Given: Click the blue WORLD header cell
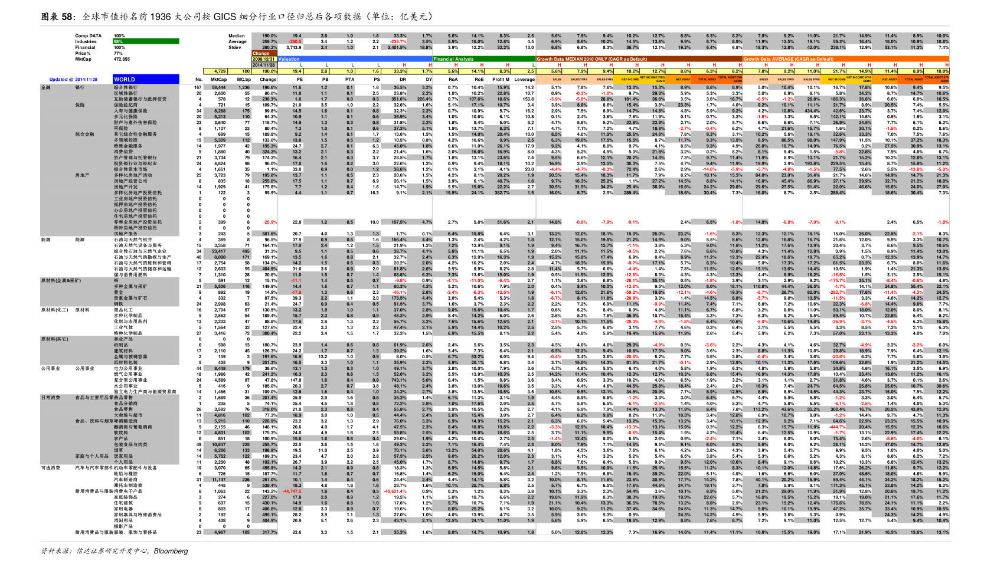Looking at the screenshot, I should tap(146, 79).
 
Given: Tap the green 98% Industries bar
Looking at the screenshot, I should tap(146, 41).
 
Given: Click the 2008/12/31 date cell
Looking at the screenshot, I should tap(264, 59).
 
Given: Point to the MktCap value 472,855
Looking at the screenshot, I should tap(122, 59).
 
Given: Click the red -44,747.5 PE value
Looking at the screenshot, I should tap(292, 491).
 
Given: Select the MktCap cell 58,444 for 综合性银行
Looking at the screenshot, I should tap(219, 87).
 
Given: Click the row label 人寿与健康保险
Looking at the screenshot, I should tap(128, 110).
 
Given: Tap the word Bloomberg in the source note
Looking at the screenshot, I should tap(171, 551).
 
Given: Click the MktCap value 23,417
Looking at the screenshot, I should tap(218, 251).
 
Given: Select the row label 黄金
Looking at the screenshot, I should tap(119, 292).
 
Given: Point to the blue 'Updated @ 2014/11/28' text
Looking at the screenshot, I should tap(73, 79).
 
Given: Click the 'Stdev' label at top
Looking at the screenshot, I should tap(235, 47).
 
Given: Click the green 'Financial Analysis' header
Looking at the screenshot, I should tap(453, 59).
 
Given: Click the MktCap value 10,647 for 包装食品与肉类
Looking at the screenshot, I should tap(219, 444).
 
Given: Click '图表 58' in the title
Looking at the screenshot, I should tap(58, 17).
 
